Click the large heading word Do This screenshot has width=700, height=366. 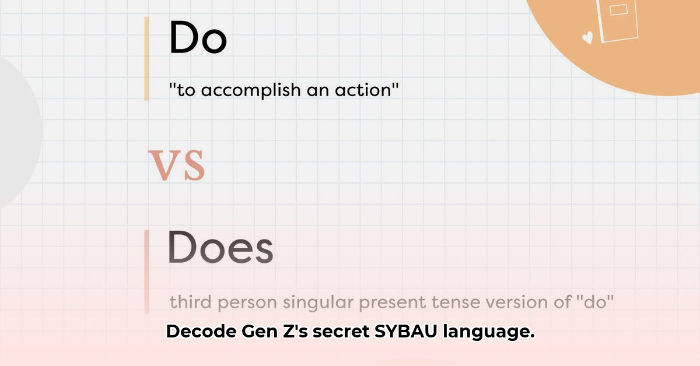(x=198, y=37)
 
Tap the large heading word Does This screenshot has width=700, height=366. (x=220, y=247)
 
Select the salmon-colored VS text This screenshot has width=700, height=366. (x=177, y=165)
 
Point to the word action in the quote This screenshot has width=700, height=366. (x=363, y=90)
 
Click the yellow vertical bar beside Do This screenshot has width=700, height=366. (x=146, y=59)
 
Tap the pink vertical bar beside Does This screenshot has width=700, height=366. (x=146, y=272)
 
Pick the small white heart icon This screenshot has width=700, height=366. (x=588, y=37)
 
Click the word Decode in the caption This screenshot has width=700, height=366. (x=201, y=332)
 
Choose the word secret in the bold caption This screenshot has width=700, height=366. (x=341, y=332)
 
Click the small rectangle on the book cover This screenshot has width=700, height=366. (x=618, y=10)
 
